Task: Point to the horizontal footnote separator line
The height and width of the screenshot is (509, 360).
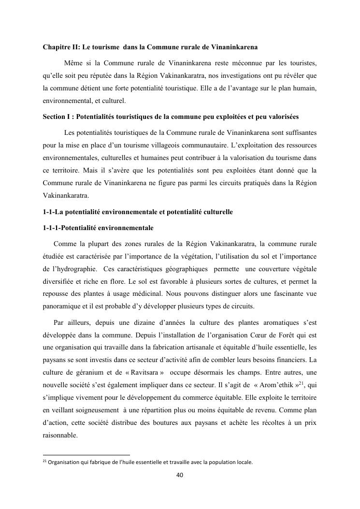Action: pyautogui.click(x=86, y=455)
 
